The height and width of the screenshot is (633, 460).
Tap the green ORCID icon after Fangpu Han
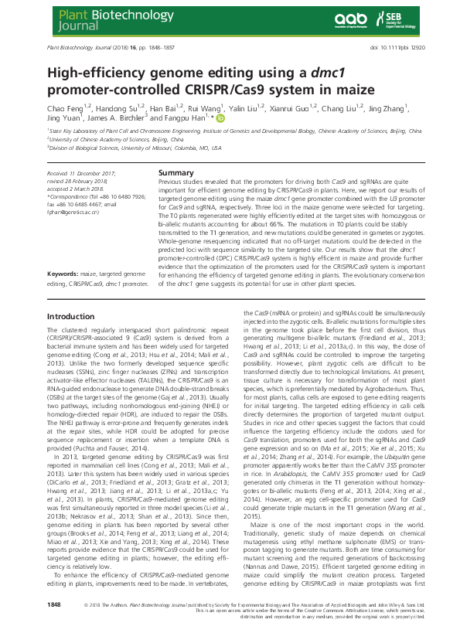coord(220,120)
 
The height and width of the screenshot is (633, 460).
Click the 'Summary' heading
coord(175,172)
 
